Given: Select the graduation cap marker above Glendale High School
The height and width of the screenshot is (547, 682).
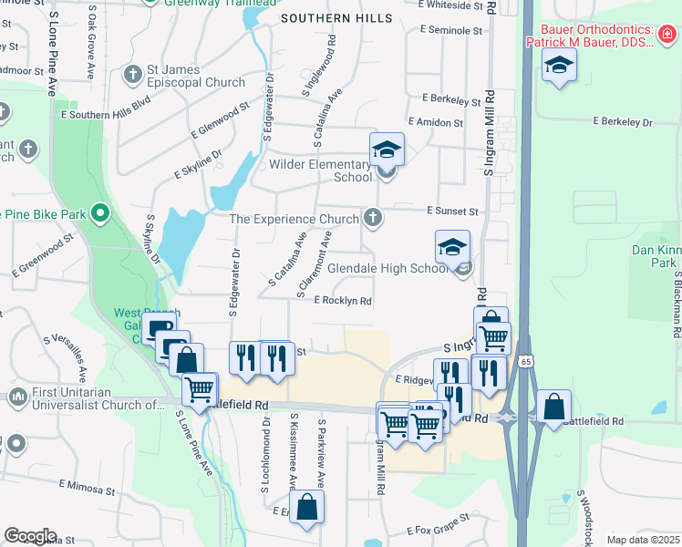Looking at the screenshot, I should pos(452,246).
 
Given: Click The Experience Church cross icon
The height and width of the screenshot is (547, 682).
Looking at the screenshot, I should pos(372,218).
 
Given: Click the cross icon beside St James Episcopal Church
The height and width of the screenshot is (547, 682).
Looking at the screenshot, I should pos(132,73).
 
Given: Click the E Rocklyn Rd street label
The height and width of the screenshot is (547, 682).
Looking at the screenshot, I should pos(343,301).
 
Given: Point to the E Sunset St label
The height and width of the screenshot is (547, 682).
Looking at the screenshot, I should pos(453,211).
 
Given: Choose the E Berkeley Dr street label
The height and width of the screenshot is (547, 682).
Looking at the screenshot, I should pos(623,121).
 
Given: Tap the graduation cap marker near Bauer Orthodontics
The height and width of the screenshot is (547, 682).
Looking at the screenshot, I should pos(558,65).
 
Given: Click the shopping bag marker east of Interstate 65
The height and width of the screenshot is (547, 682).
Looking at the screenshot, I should pos(553,407).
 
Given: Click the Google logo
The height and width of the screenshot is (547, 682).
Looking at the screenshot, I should pos(30,536).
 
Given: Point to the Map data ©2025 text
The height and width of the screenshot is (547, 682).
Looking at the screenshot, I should pos(643,540).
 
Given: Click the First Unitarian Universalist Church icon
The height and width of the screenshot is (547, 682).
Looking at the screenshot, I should pos(17,397).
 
